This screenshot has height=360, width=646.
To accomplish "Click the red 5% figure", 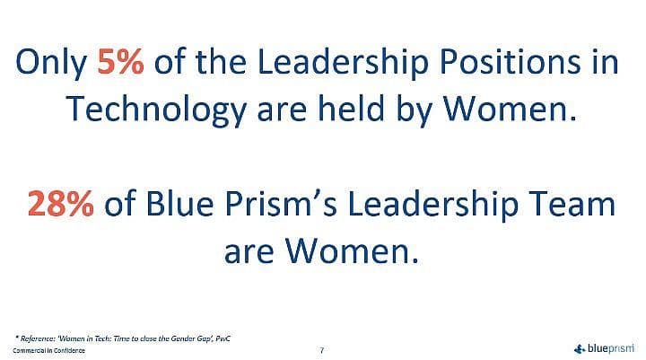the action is (121, 62).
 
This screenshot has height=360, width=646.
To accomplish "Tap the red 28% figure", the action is (61, 203).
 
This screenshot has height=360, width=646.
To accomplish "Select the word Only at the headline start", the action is (51, 63).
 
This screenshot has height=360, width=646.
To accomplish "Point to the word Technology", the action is (156, 110).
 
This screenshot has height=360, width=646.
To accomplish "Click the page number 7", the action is (322, 350).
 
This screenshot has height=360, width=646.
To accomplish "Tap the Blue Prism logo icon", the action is (580, 349).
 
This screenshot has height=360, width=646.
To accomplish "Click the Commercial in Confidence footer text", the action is (49, 350).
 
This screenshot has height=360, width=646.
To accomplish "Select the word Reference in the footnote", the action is (37, 338).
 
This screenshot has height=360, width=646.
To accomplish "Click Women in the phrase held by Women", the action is (510, 108).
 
